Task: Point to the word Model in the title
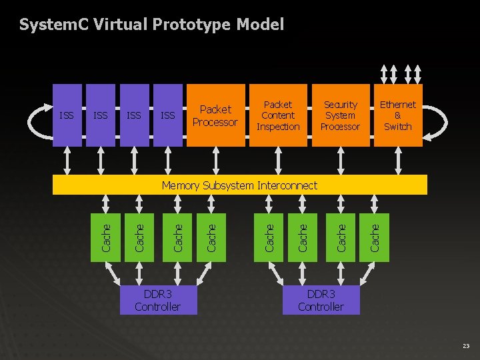261,25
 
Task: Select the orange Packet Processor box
215,115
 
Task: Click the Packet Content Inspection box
278,115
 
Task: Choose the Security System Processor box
340,115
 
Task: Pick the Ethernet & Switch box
398,115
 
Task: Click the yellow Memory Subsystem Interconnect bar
240,185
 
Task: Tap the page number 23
465,346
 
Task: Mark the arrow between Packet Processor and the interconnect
215,160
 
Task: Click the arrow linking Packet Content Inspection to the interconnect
278,160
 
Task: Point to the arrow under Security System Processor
341,160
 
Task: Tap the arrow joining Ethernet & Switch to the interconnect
398,160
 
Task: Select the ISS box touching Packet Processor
168,115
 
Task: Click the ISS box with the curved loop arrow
67,115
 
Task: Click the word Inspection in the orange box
278,127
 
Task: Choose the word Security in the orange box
340,105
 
